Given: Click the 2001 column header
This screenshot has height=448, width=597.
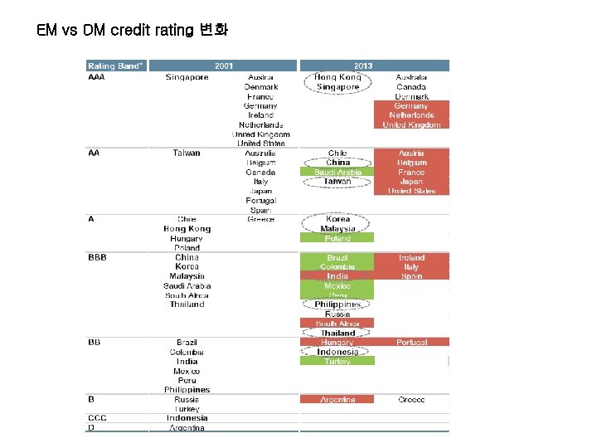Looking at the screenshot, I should click(223, 66).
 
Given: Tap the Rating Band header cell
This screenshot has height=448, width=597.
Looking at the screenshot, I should click(116, 66).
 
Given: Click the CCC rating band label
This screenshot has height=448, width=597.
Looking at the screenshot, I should click(98, 418).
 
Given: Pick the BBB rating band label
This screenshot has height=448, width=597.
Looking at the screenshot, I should click(98, 258).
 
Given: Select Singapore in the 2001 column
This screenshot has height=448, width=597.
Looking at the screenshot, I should click(187, 77).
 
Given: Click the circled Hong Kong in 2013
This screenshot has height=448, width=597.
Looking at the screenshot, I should click(337, 76).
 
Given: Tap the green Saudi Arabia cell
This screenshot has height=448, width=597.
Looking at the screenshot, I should click(337, 172).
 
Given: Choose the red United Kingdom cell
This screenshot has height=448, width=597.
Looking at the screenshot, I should click(411, 124).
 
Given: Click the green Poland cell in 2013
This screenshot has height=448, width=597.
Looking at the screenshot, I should click(337, 238).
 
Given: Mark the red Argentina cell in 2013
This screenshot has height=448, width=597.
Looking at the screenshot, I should click(337, 399).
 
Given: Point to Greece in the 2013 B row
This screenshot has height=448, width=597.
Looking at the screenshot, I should click(411, 399).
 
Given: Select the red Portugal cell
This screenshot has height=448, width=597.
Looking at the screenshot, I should click(411, 342).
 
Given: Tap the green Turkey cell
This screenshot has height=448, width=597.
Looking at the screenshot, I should click(337, 361).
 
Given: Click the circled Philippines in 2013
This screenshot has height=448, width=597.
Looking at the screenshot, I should click(337, 304).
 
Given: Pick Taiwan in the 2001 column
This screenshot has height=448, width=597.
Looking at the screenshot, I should click(187, 153).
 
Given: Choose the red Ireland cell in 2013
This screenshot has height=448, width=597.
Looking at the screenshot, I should click(411, 258).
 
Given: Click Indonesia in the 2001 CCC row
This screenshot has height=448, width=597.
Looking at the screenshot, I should click(187, 418).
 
